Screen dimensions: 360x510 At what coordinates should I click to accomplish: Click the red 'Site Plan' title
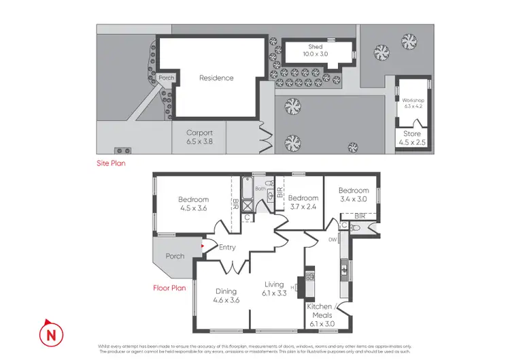coord(111,163)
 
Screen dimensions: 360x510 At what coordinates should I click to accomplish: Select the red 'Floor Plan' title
coord(169,288)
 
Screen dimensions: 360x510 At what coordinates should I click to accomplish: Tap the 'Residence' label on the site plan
coord(216,78)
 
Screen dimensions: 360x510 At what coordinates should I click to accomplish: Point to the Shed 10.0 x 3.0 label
coord(315,51)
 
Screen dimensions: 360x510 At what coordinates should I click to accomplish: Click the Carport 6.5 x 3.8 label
coord(200,137)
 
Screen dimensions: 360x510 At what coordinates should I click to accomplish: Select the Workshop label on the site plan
coord(413,103)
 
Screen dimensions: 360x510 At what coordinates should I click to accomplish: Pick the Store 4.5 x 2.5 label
coord(411,138)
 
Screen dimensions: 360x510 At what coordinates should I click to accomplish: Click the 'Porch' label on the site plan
coord(166,78)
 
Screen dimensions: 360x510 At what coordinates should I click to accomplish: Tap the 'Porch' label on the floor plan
coord(175,257)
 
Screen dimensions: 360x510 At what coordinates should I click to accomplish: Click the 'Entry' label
coord(227,247)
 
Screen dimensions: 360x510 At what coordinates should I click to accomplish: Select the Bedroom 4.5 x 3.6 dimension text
coord(193,209)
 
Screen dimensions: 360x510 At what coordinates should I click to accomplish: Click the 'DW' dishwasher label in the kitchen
coord(333,240)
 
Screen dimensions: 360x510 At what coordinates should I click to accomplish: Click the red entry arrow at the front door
coord(202,246)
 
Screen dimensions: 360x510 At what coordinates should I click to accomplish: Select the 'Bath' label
coord(259,188)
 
